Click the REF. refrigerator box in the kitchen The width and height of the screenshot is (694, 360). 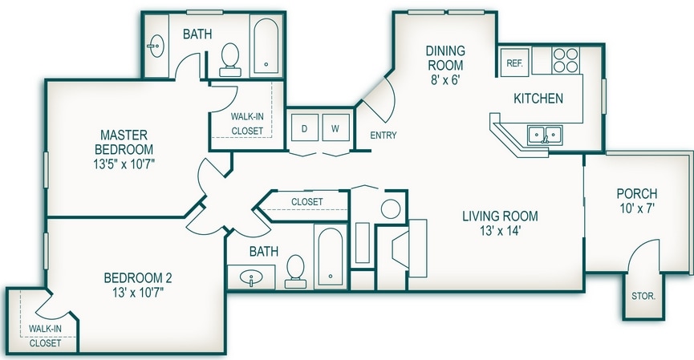coord(513,62)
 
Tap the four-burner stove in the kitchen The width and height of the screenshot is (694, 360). coord(564,60)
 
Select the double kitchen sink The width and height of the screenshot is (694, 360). coord(544,134)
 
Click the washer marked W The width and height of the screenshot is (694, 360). coord(335,128)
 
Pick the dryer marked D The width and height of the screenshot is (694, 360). coord(304,128)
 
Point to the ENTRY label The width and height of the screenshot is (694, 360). coord(383,136)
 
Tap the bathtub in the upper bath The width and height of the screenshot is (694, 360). coord(266,47)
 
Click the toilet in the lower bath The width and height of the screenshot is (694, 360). coord(295,270)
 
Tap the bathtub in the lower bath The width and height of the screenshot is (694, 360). coord(330,257)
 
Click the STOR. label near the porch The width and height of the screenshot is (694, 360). coord(644,296)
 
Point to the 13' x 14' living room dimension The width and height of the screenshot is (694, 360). coord(499,231)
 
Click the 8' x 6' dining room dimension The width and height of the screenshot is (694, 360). coord(444,79)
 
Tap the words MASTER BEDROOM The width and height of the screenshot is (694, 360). coord(124,141)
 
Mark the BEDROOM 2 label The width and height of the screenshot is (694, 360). coord(138,278)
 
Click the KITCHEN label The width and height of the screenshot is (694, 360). coord(538,99)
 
